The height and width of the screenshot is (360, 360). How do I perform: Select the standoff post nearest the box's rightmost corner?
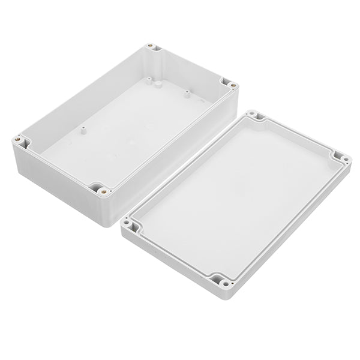pos(187,93)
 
